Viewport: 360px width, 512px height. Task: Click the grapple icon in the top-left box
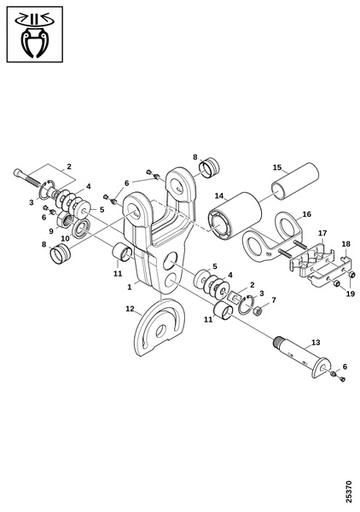pyautogui.click(x=34, y=34)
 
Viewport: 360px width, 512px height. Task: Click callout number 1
pyautogui.click(x=130, y=287)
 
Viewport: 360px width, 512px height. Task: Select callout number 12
pyautogui.click(x=130, y=309)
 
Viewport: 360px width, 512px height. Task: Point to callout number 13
pyautogui.click(x=316, y=342)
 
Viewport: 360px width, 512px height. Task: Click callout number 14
pyautogui.click(x=219, y=196)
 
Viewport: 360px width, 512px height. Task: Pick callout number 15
pyautogui.click(x=277, y=167)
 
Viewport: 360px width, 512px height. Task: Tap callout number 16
pyautogui.click(x=307, y=214)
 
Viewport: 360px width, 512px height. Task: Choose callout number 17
pyautogui.click(x=322, y=233)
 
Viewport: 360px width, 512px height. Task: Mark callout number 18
pyautogui.click(x=346, y=244)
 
